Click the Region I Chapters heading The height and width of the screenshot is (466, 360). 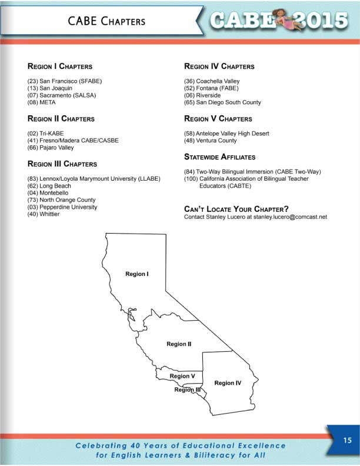59,66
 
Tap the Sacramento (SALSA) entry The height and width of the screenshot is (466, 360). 61,95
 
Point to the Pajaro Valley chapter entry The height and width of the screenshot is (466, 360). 51,148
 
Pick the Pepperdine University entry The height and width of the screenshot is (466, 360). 62,207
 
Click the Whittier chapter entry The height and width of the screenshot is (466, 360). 44,214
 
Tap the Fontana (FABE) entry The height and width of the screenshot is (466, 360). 209,88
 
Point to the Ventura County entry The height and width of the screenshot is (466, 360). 211,141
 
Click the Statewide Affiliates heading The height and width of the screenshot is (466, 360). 219,157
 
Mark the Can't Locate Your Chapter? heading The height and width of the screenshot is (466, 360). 236,209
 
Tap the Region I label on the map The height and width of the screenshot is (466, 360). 136,274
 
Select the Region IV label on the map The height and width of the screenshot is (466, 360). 228,383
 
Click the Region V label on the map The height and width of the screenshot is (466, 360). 182,376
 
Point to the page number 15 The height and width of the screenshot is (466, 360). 346,439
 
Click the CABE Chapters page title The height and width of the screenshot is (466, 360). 106,21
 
